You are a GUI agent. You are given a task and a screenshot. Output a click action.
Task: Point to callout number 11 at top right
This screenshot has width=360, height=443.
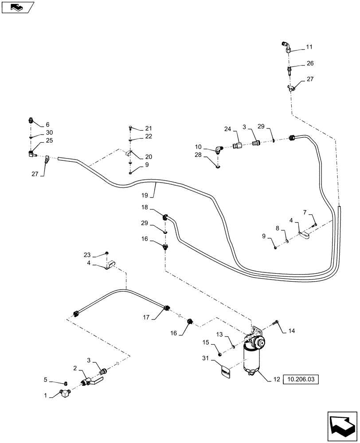coord(309,47)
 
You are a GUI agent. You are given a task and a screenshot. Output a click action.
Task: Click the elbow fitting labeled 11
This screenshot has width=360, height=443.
coord(286,46)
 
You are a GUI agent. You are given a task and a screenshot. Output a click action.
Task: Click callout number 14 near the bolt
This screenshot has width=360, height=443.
coord(291,330)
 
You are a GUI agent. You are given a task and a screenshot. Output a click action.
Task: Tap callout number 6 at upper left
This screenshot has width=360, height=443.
coord(48,124)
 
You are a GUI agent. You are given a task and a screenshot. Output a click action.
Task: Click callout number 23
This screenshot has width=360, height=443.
coord(87,255)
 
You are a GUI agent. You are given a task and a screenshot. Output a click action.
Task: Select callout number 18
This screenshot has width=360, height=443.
coord(145,207)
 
